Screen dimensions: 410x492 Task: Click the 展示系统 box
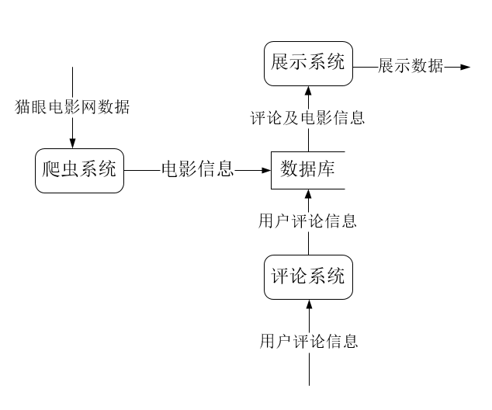pos(308,64)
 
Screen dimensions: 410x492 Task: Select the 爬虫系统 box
pos(79,169)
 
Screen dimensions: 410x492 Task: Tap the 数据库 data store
pos(307,169)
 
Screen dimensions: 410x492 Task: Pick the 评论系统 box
pos(308,276)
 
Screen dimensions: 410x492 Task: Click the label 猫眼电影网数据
pos(72,107)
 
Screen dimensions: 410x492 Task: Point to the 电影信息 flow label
pos(197,169)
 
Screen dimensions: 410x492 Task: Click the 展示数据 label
pos(411,67)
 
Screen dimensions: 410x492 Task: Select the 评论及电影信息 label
pos(308,118)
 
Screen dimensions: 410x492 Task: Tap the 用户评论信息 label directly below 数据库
pos(308,221)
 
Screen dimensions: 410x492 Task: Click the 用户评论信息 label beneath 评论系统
pos(309,341)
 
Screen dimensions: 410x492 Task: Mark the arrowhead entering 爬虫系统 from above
pos(72,143)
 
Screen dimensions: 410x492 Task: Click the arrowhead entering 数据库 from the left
pos(265,169)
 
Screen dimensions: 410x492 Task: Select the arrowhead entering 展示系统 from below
pos(309,90)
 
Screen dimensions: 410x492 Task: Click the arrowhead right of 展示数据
pos(465,67)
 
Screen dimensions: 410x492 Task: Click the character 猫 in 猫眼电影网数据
pos(24,107)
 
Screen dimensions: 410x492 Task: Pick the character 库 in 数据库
pos(327,169)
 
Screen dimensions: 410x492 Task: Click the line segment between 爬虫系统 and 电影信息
pos(140,169)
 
